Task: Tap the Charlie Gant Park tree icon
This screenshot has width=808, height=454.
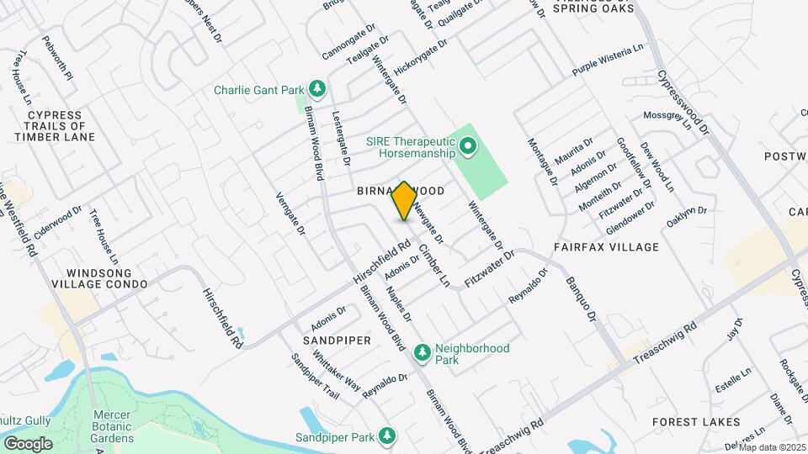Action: (317, 88)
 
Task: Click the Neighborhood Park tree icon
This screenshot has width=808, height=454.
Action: (422, 350)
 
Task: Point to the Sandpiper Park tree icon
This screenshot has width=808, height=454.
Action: (386, 436)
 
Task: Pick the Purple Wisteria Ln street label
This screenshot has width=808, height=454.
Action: (607, 59)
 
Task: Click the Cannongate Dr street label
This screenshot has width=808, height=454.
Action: (354, 50)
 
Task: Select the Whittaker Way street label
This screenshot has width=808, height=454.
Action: (337, 371)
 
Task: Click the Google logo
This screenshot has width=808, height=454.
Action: (28, 443)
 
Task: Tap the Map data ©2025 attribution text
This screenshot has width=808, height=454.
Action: (772, 447)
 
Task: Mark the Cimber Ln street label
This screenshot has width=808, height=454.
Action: (435, 265)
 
